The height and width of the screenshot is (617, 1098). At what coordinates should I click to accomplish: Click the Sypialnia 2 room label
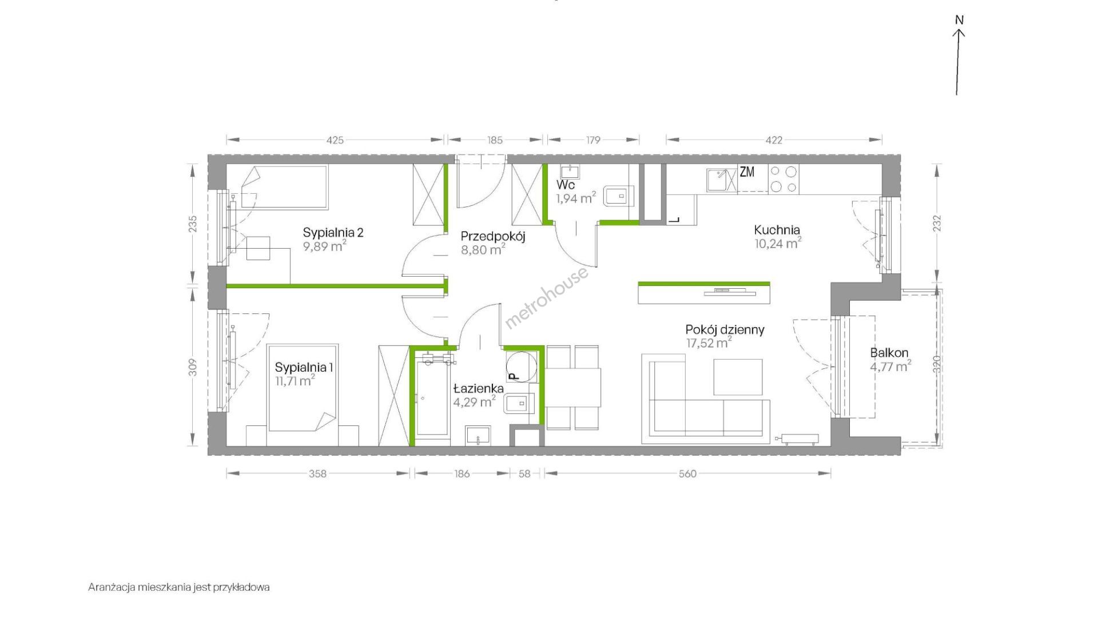[333, 233]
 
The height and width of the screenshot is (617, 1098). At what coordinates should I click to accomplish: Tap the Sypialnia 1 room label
[304, 367]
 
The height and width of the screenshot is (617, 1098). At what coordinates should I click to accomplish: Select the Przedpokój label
[493, 236]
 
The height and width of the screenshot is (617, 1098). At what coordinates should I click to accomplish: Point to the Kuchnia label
[777, 230]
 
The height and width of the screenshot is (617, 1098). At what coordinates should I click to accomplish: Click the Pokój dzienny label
[725, 330]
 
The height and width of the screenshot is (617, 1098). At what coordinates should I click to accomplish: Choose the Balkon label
[889, 353]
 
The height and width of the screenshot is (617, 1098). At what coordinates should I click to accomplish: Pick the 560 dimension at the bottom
[687, 473]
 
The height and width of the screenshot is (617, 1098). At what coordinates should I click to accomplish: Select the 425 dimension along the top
[335, 140]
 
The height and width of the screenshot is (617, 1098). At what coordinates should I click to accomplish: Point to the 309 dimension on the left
[193, 367]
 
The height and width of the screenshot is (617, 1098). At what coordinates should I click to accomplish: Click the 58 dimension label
[524, 473]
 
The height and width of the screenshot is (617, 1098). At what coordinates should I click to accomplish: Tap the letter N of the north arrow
[960, 20]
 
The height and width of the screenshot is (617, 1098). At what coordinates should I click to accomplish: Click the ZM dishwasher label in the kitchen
[747, 172]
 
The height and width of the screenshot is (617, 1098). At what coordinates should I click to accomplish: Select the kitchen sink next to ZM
[722, 180]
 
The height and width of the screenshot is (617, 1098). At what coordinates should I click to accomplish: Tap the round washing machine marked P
[522, 365]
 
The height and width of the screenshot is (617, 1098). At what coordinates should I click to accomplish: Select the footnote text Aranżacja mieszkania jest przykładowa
[179, 587]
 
